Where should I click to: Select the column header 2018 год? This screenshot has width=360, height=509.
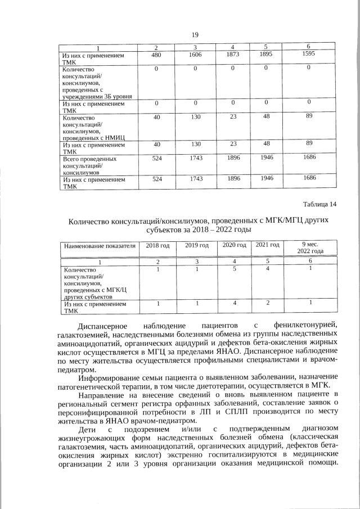(157, 246)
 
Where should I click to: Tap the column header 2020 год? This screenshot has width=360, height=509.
(235, 246)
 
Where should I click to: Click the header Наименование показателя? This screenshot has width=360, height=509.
(100, 246)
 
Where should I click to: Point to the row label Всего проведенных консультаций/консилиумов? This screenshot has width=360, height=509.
(90, 166)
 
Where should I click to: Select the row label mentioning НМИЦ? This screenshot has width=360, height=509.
(93, 128)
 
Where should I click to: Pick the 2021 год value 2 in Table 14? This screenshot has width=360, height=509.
(268, 304)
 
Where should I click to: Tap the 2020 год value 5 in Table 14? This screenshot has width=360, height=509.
(235, 269)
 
